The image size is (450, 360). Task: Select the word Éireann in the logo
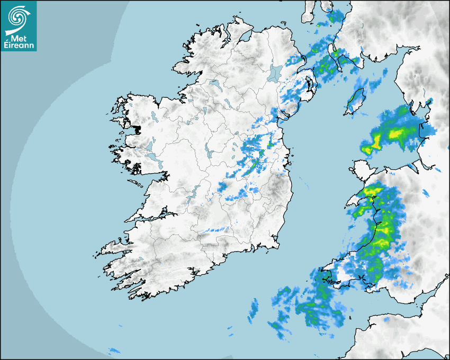(x=19, y=46)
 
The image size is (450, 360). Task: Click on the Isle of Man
(x=355, y=101)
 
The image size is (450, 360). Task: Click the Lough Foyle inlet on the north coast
(x=245, y=37)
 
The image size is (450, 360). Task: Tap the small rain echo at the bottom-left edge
(x=114, y=350)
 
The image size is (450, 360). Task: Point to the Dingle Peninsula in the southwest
(x=114, y=247)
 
